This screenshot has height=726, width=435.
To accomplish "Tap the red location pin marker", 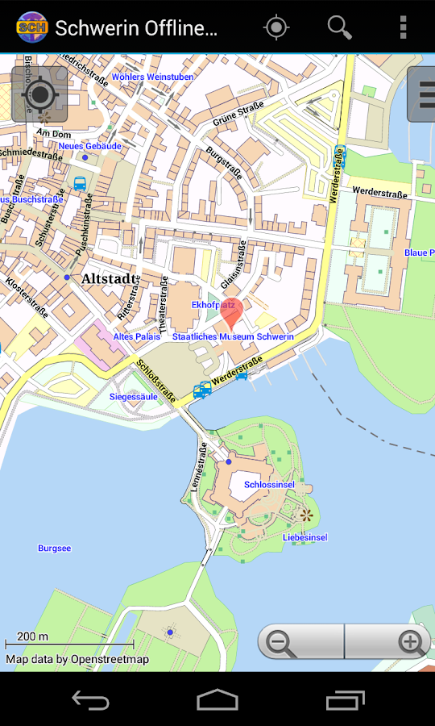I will tap(231, 310).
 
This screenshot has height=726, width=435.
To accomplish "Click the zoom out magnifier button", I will tap(280, 642).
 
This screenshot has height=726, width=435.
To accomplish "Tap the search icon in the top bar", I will tap(339, 27).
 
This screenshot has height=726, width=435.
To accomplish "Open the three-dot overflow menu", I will tap(403, 27).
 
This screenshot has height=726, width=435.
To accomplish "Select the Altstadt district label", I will tap(110, 278).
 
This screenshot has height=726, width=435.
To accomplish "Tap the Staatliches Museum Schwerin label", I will tap(233, 336).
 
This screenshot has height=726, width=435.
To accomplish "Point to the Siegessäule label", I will tap(134, 397).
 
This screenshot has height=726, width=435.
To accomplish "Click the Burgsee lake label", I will tap(54, 549).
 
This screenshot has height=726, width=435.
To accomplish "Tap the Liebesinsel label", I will tap(304, 537).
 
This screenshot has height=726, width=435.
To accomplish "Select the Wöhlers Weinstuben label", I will tap(152, 77).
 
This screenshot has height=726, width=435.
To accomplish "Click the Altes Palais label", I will tap(136, 336).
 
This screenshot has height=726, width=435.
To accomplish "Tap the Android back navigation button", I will tap(90, 699).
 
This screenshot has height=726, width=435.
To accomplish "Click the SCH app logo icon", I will tap(31, 27).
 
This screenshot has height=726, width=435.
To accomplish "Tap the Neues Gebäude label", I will tap(89, 146).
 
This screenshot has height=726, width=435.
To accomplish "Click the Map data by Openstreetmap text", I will tap(77, 659).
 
